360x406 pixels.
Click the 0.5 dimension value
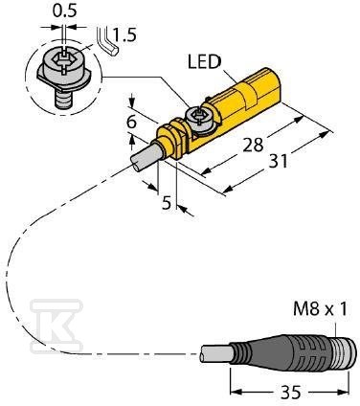pyautogui.click(x=65, y=11)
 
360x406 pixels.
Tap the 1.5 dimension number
pyautogui.click(x=124, y=34)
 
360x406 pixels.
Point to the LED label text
pyautogui.click(x=204, y=61)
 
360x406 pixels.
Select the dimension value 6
pyautogui.click(x=131, y=122)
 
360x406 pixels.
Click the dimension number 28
pyautogui.click(x=253, y=146)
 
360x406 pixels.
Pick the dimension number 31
pyautogui.click(x=278, y=161)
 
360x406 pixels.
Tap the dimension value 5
pyautogui.click(x=167, y=203)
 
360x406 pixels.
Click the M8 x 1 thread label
pyautogui.click(x=320, y=309)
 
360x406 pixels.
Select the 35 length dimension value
pyautogui.click(x=291, y=393)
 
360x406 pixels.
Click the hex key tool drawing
pyautogui.click(x=107, y=42)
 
